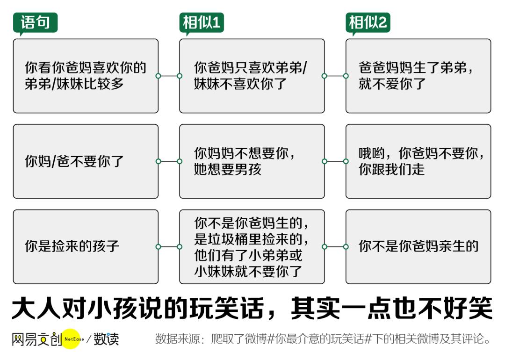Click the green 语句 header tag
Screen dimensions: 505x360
click(35, 23)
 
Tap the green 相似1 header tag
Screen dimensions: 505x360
click(201, 23)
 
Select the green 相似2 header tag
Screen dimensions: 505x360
click(368, 23)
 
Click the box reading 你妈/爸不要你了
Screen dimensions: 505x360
click(86, 161)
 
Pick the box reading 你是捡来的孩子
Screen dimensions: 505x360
click(86, 247)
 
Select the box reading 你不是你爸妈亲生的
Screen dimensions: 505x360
click(418, 247)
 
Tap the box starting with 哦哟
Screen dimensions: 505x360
click(418, 161)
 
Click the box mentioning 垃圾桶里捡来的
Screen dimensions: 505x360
click(252, 247)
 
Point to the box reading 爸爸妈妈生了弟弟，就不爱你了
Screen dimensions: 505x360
click(418, 76)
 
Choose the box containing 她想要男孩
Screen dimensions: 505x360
click(252, 161)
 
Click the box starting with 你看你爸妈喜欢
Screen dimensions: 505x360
click(86, 76)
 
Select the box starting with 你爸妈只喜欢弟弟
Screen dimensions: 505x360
click(252, 76)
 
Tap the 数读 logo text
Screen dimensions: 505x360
click(106, 339)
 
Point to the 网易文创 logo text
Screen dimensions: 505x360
click(36, 339)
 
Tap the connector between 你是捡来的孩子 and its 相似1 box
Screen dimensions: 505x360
click(169, 247)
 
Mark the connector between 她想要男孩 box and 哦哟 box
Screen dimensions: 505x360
click(335, 161)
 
